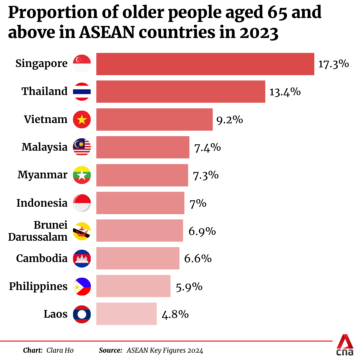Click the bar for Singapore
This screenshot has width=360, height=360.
pos(205,64)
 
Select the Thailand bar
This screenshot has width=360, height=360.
pos(181,91)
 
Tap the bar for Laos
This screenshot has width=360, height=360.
pos(126,314)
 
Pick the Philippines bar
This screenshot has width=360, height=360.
pos(133,286)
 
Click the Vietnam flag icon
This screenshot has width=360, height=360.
pos(82,119)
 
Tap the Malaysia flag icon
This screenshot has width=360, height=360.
pos(82,147)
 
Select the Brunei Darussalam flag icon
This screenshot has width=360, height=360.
pos(82,231)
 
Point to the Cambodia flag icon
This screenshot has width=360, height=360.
pos(82,258)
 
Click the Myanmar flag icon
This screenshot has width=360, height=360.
pos(82,175)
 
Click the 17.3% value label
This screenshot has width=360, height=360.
pos(333,64)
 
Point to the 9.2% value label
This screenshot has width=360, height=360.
pos(230,119)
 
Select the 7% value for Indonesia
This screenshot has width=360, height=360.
pos(198,203)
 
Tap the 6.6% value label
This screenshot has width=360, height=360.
pos(198,258)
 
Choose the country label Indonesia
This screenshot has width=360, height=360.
pos(42,203)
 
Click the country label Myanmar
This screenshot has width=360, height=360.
pos(42,175)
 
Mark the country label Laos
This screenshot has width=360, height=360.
pos(55,314)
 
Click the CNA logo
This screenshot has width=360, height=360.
pos(345,346)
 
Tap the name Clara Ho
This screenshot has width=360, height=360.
pos(60,350)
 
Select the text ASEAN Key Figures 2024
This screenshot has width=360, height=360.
pos(165,350)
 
